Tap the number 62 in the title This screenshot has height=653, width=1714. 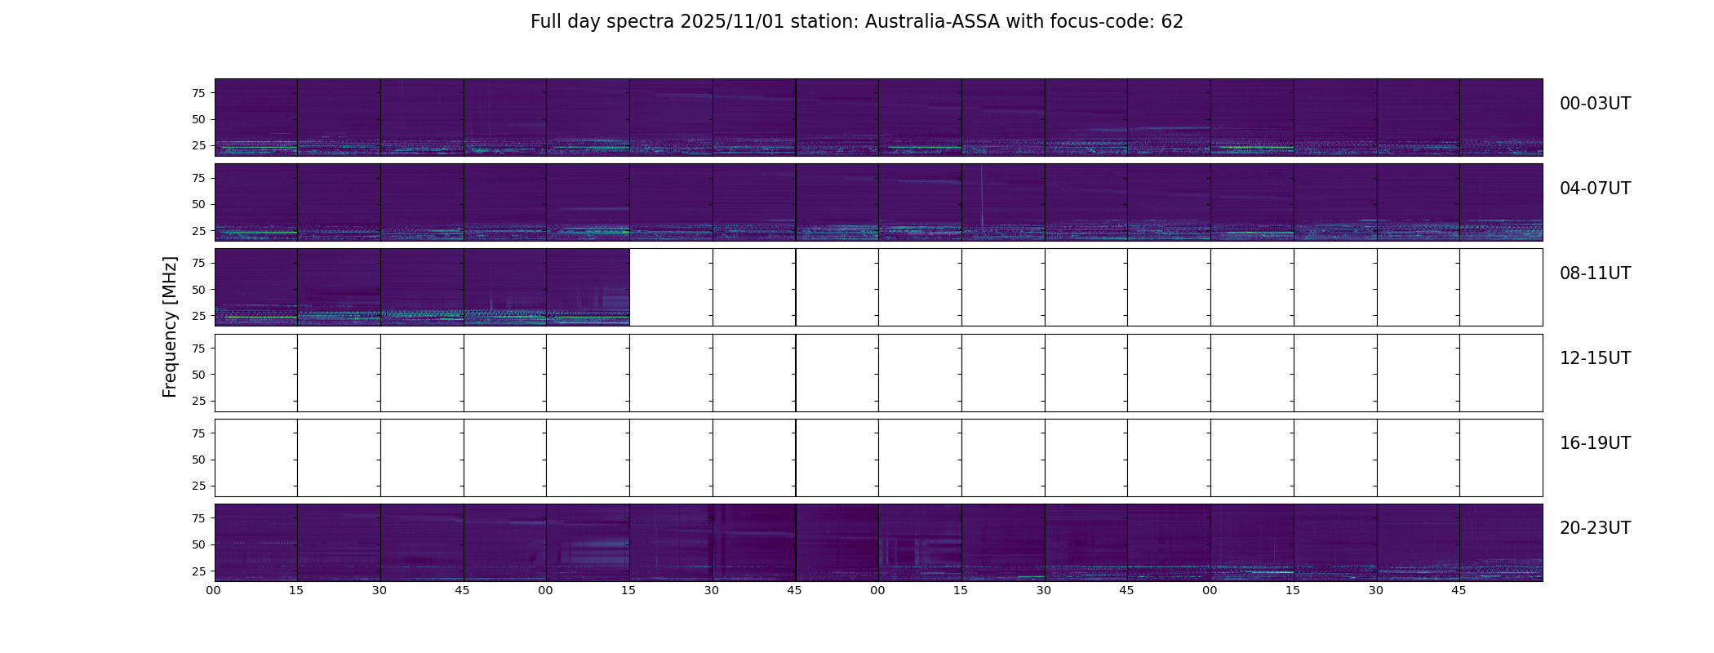(x=1172, y=22)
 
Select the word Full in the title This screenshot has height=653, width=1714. (x=544, y=22)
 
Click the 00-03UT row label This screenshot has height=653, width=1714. (x=1595, y=104)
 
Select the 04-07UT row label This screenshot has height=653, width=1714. (x=1595, y=189)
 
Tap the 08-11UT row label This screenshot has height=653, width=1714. (x=1595, y=273)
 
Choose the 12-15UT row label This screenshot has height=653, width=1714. (x=1595, y=358)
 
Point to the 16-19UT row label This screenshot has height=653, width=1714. (x=1595, y=443)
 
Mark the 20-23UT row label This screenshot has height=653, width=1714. (x=1595, y=528)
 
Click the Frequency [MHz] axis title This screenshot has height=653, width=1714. (x=170, y=327)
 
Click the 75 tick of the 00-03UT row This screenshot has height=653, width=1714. (x=198, y=93)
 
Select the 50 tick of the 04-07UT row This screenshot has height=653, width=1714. (x=198, y=205)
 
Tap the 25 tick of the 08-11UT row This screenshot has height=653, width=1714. (x=198, y=316)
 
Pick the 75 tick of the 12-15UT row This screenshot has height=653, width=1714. (x=198, y=349)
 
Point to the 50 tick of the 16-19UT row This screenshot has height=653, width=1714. (x=198, y=460)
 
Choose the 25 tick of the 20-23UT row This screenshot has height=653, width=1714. (x=198, y=571)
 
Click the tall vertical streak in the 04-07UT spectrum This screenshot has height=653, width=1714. (x=981, y=196)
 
